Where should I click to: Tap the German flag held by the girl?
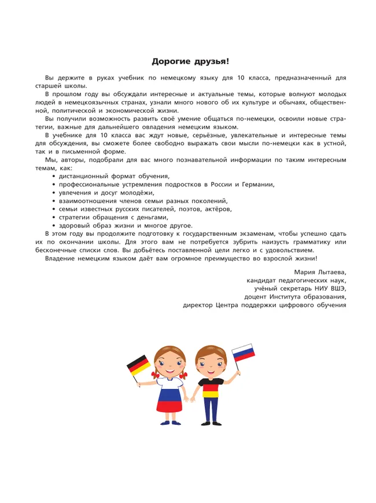pos(139,365)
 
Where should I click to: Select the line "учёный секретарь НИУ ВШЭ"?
pos(301,288)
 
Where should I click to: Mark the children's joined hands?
pos(189,397)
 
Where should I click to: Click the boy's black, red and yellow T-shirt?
pos(211,388)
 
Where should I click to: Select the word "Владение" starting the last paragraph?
pos(61,258)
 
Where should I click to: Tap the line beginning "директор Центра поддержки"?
pos(264,304)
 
